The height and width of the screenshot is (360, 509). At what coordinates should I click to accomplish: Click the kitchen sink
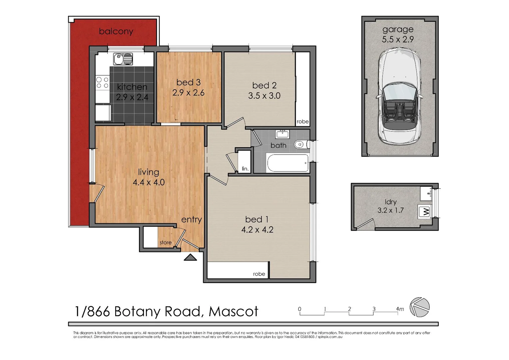click(123, 59)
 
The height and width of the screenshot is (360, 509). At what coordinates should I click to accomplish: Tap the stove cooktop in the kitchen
click(102, 83)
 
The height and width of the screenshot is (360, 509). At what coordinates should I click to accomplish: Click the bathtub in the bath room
click(288, 163)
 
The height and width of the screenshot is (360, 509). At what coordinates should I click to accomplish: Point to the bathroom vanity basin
click(282, 134)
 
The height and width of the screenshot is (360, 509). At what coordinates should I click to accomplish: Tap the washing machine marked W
click(425, 212)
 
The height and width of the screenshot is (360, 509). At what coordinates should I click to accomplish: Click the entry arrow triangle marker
click(191, 257)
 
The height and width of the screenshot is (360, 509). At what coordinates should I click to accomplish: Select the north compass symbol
click(419, 307)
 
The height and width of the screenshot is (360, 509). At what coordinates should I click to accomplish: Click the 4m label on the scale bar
click(400, 309)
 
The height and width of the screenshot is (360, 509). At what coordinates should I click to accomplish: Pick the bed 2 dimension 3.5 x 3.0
click(264, 96)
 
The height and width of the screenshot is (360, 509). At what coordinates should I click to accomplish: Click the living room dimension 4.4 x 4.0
click(149, 182)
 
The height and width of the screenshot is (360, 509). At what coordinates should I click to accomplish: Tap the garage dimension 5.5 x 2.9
click(398, 39)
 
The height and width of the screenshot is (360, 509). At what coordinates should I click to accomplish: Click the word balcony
click(116, 31)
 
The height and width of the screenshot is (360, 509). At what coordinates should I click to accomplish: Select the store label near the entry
click(166, 242)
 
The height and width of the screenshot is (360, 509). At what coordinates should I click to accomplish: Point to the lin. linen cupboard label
click(245, 169)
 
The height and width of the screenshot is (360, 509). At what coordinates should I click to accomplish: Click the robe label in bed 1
click(259, 274)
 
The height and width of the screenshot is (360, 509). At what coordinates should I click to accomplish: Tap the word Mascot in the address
click(233, 312)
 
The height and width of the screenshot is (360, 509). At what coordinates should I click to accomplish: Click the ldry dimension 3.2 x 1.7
click(390, 210)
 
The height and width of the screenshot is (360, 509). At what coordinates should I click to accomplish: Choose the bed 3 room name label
click(189, 82)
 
